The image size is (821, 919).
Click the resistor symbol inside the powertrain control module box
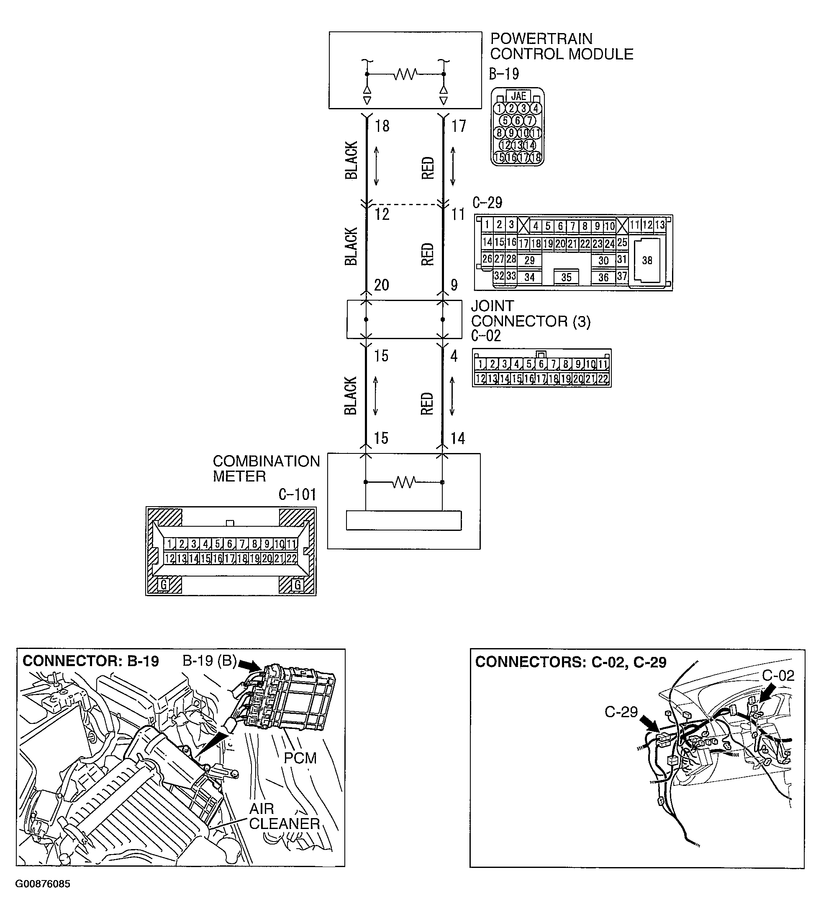(x=405, y=74)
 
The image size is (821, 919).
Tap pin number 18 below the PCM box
(x=382, y=126)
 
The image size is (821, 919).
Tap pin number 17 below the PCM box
(x=458, y=126)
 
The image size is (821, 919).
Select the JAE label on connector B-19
(x=518, y=96)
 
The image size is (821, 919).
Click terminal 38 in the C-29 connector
(x=647, y=260)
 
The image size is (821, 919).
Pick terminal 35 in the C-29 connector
(x=566, y=278)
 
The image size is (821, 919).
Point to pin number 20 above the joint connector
(x=382, y=285)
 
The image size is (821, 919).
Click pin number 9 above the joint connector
(x=454, y=285)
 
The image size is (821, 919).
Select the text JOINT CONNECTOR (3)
(x=531, y=314)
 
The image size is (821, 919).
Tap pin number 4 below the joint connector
(x=454, y=356)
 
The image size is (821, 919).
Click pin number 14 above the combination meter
(x=457, y=438)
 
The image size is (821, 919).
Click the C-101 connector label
(x=297, y=495)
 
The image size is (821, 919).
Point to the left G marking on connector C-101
(x=164, y=585)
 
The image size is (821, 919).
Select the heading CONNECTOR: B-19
(x=91, y=661)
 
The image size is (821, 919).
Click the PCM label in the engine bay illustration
(x=300, y=758)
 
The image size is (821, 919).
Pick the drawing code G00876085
(x=43, y=883)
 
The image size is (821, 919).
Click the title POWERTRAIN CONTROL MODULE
(x=561, y=46)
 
